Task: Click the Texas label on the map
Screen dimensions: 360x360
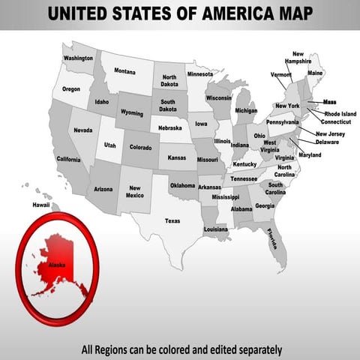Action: tap(172, 221)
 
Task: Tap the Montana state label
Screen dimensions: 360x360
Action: tap(124, 71)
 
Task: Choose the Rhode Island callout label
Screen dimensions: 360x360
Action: tap(341, 114)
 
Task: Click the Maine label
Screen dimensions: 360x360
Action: tap(315, 73)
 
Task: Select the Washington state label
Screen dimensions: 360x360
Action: tap(78, 58)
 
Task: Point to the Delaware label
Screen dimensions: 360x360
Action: tap(327, 142)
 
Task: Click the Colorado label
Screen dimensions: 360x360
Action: tap(140, 147)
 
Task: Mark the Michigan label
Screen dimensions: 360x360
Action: tap(246, 111)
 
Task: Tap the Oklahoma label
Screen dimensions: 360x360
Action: tap(182, 185)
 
